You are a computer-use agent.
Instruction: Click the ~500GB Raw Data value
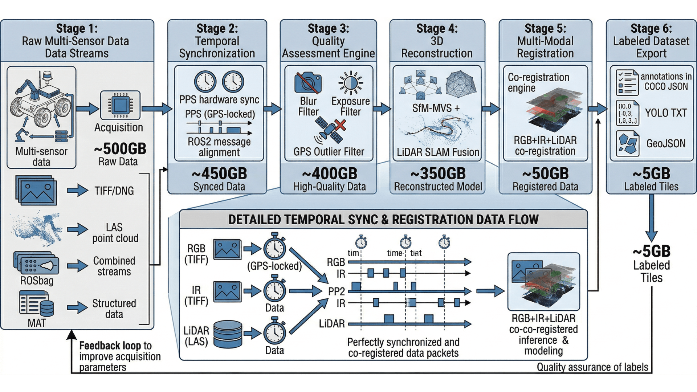pos(120,149)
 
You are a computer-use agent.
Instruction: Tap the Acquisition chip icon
pos(120,105)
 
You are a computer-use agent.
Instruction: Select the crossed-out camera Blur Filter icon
pos(307,83)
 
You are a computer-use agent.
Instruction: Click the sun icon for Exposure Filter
pos(350,83)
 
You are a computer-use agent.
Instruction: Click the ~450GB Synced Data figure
pos(219,174)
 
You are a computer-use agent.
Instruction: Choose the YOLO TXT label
pos(665,113)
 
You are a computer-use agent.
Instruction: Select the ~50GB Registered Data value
pos(545,174)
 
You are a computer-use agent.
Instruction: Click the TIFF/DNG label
pos(114,191)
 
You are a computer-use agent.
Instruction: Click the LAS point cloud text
pos(115,233)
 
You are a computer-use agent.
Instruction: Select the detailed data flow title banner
pos(383,220)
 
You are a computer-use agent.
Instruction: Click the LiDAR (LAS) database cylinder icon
pos(228,334)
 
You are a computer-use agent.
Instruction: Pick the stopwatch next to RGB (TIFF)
pos(274,248)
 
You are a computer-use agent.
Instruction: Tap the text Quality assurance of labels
pos(592,367)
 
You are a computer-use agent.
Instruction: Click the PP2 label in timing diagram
pos(336,291)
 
